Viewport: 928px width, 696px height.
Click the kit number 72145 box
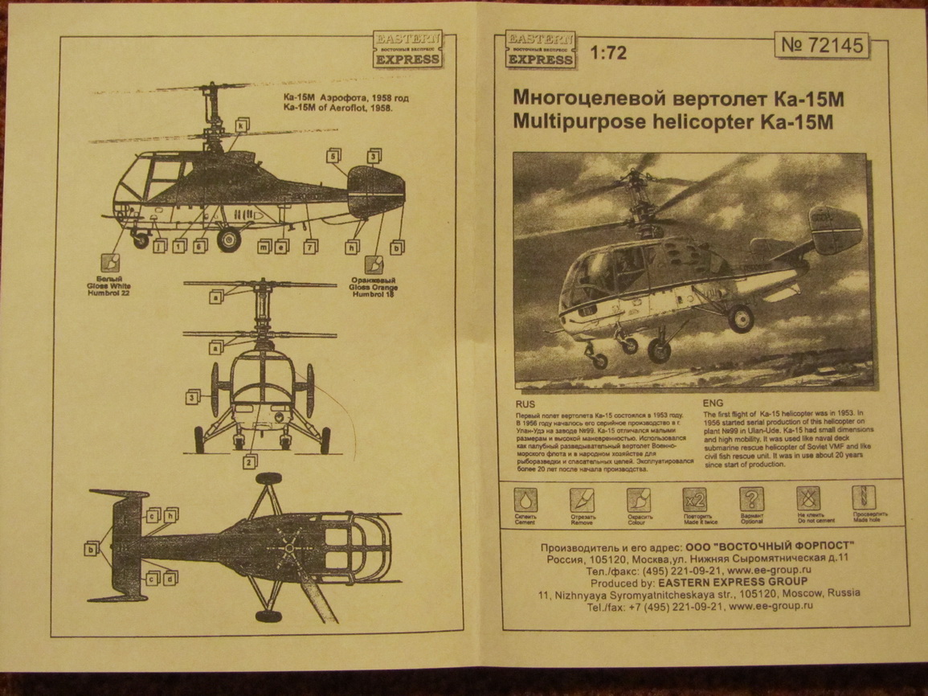tap(823, 45)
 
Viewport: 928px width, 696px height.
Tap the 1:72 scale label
tap(607, 55)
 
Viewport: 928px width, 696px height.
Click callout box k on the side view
tap(242, 125)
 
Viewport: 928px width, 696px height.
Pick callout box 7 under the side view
tap(310, 247)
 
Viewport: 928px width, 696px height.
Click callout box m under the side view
tap(264, 248)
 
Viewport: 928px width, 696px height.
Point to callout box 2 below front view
tap(250, 461)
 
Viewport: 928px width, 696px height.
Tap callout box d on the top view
tap(171, 577)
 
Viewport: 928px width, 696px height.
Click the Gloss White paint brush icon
tap(110, 263)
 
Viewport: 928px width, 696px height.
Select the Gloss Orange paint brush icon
tap(374, 264)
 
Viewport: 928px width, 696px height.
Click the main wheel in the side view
tap(229, 240)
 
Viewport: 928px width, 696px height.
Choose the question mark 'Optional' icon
tap(751, 500)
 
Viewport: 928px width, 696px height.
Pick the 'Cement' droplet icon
tap(525, 501)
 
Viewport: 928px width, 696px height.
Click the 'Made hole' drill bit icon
tap(864, 499)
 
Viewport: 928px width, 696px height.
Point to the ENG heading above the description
tap(713, 403)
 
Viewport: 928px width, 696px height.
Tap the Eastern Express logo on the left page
tap(407, 49)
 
